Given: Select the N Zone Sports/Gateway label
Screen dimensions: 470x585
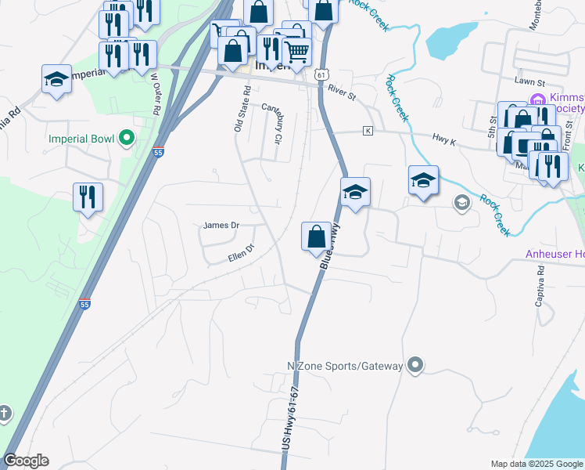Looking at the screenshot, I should pyautogui.click(x=345, y=366).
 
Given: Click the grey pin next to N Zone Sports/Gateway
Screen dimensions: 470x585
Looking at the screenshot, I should pyautogui.click(x=416, y=366).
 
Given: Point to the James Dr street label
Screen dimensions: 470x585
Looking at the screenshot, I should pyautogui.click(x=220, y=226).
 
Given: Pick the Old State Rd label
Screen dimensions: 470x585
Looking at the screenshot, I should pyautogui.click(x=242, y=110).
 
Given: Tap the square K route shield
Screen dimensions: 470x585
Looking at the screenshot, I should pyautogui.click(x=367, y=130).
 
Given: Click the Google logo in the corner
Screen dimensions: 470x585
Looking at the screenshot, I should pyautogui.click(x=26, y=461).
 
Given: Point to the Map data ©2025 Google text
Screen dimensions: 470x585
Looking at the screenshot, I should pyautogui.click(x=536, y=464).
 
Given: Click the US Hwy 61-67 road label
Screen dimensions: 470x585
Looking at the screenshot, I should pyautogui.click(x=290, y=424).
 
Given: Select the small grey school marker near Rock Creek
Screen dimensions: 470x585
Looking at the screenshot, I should pyautogui.click(x=461, y=203).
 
